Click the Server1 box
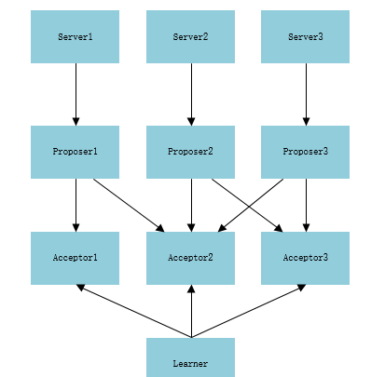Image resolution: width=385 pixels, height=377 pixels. click(75, 36)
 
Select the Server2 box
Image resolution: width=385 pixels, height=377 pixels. click(190, 36)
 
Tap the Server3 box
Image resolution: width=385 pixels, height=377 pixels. click(305, 36)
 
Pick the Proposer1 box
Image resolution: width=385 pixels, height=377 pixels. click(75, 152)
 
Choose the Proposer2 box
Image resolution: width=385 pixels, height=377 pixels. click(190, 152)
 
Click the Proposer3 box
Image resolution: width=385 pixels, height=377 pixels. click(305, 152)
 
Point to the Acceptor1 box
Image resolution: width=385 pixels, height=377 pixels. click(75, 258)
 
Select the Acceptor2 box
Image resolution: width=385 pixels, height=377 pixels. click(190, 258)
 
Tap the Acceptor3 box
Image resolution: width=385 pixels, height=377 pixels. click(305, 258)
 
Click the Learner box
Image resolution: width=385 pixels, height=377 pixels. click(190, 357)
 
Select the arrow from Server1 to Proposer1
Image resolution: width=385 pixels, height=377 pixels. click(76, 94)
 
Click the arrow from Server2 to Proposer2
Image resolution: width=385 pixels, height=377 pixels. click(191, 94)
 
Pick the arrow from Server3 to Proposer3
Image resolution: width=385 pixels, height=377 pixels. click(306, 94)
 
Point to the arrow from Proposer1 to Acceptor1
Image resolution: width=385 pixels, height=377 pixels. click(76, 205)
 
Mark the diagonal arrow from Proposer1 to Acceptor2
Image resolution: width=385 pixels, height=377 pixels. click(129, 205)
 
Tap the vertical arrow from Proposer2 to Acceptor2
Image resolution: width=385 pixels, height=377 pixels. click(191, 205)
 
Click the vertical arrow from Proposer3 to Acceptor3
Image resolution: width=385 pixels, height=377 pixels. click(306, 205)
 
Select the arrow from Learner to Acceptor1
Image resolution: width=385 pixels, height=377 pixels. click(134, 311)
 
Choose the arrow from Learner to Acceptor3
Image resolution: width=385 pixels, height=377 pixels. click(249, 311)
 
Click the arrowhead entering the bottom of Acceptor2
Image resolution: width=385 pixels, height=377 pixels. click(191, 289)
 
